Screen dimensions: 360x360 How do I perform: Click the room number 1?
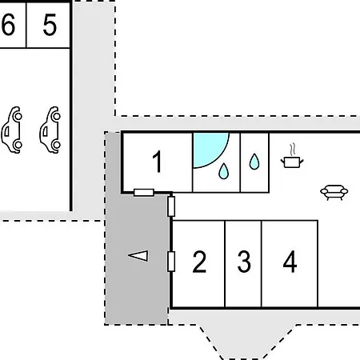[x=158, y=162]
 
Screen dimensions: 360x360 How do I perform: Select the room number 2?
[x=199, y=262]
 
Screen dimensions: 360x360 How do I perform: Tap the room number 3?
[x=244, y=262]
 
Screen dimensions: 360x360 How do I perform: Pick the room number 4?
[x=290, y=262]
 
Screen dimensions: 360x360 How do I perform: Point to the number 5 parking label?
[x=50, y=25]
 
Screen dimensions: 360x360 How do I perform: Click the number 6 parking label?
[x=8, y=25]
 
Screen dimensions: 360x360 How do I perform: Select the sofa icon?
[x=334, y=192]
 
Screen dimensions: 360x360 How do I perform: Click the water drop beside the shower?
[x=223, y=171]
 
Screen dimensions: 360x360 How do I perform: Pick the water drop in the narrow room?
[x=254, y=162]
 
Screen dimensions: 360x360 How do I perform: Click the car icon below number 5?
[x=50, y=130]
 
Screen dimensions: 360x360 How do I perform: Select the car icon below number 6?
[x=11, y=130]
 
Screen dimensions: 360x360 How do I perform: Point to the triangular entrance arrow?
[x=138, y=256]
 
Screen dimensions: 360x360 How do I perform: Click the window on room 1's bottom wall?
[x=144, y=193]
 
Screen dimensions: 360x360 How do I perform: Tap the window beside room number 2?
[x=171, y=262]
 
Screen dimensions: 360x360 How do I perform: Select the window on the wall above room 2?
[x=171, y=206]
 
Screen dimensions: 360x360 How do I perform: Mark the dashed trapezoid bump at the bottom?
[x=246, y=342]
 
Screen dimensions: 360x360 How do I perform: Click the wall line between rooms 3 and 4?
[x=262, y=264]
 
